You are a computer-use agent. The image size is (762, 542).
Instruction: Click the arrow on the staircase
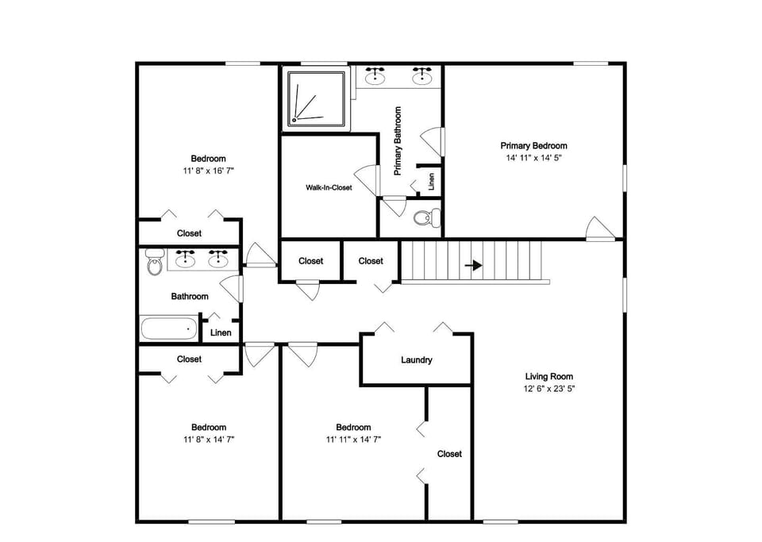pos(473,266)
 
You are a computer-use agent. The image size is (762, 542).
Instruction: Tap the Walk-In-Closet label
pos(329,187)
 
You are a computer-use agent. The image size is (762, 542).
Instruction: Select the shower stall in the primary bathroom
pos(318,99)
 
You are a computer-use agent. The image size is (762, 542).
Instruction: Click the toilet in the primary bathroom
pos(428,217)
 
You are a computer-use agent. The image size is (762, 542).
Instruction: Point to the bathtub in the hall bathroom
pos(169,329)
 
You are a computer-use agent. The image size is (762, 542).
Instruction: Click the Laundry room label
pos(417,359)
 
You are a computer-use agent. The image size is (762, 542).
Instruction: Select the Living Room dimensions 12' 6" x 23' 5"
pos(549,389)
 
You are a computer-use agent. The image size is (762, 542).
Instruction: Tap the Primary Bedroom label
pos(533,146)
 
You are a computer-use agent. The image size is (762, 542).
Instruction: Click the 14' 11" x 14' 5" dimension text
pos(533,158)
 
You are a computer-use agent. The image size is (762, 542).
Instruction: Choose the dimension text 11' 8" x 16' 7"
pos(209,171)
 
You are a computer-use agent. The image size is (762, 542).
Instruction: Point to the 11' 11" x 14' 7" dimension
pos(353,440)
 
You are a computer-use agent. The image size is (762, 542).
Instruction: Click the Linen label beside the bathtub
pos(221,333)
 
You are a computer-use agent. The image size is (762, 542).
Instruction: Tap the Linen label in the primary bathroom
pos(431,182)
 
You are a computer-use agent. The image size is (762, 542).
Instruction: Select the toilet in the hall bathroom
pos(155,262)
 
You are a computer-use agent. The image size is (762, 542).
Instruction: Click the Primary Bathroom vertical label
pos(398,140)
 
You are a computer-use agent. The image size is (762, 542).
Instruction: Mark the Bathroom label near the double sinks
pos(190,296)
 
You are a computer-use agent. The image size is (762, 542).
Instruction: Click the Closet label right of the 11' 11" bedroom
pos(449,454)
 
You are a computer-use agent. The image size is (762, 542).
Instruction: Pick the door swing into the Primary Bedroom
pos(600,229)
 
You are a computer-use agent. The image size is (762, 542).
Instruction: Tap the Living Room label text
pos(549,376)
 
